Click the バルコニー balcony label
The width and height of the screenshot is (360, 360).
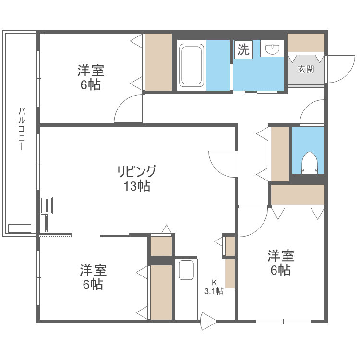21,129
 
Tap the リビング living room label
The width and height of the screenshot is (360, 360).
137,171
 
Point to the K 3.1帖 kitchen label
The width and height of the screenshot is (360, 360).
214,287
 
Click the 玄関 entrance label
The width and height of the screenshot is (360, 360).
306,69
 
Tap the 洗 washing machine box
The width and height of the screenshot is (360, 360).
244,49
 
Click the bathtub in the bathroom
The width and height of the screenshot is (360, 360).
192,66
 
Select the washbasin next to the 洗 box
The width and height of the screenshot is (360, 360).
273,48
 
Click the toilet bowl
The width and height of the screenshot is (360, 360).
309,162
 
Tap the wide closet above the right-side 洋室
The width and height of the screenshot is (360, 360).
298,195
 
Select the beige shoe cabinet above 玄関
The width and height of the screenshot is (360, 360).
306,43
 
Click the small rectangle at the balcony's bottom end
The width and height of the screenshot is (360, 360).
19,228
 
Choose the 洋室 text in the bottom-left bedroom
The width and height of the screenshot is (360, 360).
93,270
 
